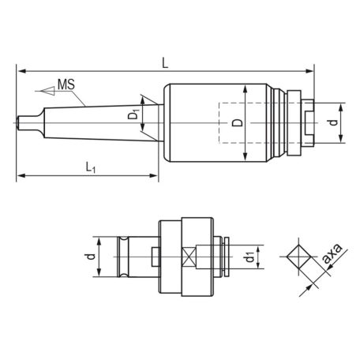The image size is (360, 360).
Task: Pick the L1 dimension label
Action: click(92, 166)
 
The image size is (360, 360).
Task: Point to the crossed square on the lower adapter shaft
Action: click(189, 257)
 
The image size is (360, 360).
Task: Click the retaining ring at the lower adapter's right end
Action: click(226, 257)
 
